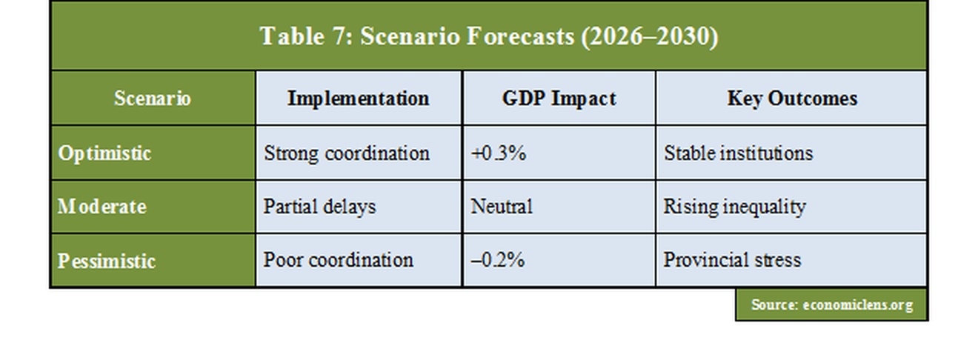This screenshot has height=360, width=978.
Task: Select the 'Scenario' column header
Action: click(x=152, y=99)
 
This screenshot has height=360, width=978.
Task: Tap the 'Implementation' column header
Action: click(x=358, y=99)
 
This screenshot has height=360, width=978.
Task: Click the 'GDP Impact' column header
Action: click(x=559, y=99)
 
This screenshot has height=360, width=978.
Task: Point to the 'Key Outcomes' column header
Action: click(x=791, y=99)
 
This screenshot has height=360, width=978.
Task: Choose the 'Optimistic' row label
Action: click(x=104, y=153)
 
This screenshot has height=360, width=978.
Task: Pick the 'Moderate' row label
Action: click(x=102, y=207)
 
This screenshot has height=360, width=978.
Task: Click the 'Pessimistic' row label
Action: click(x=107, y=261)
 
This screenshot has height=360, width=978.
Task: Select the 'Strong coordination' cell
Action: click(x=346, y=153)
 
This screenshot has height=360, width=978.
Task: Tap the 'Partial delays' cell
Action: click(x=319, y=207)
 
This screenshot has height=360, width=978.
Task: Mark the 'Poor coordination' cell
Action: click(x=338, y=260)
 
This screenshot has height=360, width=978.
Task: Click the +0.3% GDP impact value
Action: click(x=498, y=153)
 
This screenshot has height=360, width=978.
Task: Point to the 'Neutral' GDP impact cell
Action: click(x=501, y=207)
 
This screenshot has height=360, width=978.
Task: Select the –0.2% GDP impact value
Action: click(x=498, y=260)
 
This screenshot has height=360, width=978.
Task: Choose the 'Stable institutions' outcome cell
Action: click(x=737, y=153)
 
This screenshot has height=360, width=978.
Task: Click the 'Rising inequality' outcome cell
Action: click(x=733, y=207)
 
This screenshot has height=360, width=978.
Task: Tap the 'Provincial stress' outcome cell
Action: click(x=731, y=260)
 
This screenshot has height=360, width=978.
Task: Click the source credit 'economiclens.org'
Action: click(x=857, y=304)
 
